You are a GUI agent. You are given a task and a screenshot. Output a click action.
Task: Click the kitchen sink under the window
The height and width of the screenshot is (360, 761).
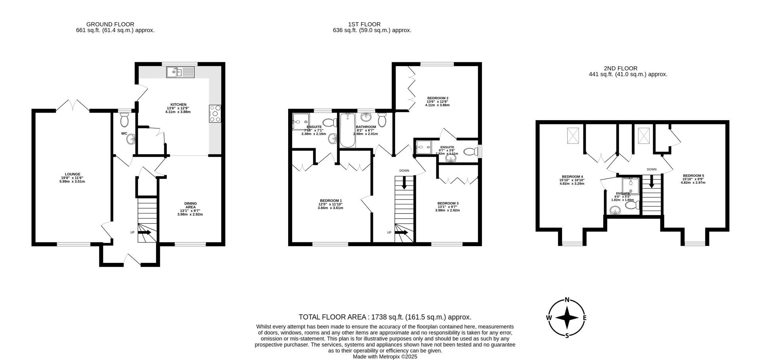181,72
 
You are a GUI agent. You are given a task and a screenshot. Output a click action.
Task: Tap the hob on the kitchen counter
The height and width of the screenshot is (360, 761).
215,113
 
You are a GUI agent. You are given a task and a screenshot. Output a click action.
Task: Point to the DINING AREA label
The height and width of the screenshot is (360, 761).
190,205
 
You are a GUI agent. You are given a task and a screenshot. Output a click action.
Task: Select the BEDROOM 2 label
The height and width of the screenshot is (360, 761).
438,98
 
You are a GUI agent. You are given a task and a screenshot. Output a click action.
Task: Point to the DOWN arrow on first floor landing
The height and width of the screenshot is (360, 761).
404,184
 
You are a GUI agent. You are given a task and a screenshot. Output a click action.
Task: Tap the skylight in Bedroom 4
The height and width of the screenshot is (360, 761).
573,136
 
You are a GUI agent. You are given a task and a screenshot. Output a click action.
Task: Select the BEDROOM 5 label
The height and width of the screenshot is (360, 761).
693,176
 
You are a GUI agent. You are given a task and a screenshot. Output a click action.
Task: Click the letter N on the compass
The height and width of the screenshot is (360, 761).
567,300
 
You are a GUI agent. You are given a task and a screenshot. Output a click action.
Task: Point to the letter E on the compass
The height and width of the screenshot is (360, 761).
585,318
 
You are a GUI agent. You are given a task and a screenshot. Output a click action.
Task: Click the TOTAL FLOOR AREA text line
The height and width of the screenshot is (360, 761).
385,317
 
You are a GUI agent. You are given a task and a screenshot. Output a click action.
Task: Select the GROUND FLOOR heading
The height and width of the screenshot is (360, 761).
110,24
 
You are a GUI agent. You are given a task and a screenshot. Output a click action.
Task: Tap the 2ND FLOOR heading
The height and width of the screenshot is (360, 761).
621,68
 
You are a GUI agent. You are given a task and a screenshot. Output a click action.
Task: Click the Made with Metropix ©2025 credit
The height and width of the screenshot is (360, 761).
385,356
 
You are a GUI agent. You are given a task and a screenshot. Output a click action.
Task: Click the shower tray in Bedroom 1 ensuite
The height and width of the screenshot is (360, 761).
300,121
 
